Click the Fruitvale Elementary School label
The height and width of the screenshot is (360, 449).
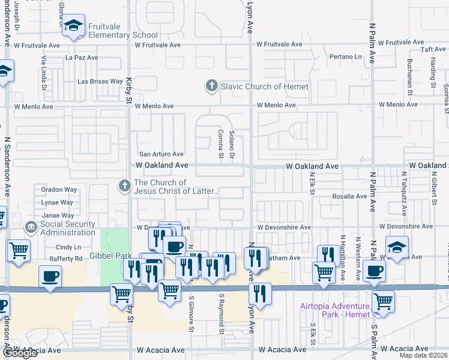click(122, 31)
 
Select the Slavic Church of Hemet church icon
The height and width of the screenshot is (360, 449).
click(211, 86)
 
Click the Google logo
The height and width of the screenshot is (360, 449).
click(20, 353)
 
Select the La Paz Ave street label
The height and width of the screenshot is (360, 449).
click(82, 58)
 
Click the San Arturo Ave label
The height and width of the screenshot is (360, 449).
click(161, 154)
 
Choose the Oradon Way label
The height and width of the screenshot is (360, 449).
click(59, 190)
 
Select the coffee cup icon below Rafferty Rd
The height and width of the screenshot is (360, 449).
click(50, 276)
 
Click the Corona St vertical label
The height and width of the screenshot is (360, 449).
click(220, 145)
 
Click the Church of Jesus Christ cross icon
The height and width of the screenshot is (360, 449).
click(125, 185)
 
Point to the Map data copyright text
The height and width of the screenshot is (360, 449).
click(423, 355)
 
